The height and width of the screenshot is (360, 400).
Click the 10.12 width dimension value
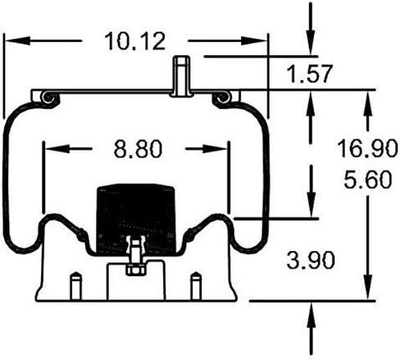[x=135, y=41]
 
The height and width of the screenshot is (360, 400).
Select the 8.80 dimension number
[x=138, y=149]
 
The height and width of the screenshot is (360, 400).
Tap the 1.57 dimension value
[x=310, y=74]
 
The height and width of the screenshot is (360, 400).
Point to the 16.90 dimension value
[x=367, y=148]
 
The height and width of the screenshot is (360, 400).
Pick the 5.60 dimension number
[x=368, y=180]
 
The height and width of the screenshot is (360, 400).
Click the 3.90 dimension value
[x=311, y=260]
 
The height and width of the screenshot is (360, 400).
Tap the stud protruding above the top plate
[x=182, y=76]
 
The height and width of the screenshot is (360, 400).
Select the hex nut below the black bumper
[x=135, y=270]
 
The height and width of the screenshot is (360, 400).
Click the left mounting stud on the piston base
[x=75, y=286]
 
